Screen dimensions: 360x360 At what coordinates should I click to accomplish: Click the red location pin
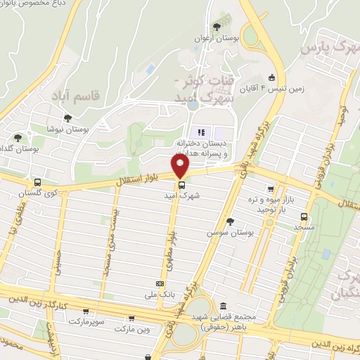181,166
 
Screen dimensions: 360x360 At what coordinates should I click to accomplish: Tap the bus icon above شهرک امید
181,185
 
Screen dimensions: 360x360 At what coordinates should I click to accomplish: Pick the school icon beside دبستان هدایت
200,131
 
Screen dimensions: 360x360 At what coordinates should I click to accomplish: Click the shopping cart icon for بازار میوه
271,189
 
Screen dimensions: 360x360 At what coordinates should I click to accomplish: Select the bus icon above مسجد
304,217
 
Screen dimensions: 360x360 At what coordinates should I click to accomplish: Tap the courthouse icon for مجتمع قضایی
223,306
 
